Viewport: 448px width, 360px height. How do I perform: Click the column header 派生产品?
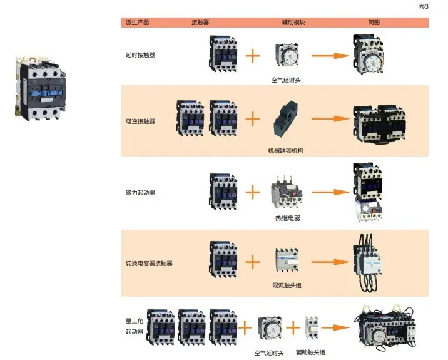click(138, 23)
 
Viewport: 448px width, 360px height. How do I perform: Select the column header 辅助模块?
click(293, 23)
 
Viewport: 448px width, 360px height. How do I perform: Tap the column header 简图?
click(374, 23)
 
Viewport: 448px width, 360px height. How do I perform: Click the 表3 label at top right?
click(424, 6)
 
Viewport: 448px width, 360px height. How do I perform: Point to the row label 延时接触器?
click(140, 55)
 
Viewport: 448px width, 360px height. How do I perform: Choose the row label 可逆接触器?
click(140, 121)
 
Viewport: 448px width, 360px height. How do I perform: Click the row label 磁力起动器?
click(140, 193)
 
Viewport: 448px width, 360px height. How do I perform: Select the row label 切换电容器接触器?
click(149, 264)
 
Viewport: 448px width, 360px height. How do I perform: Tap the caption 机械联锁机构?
click(285, 151)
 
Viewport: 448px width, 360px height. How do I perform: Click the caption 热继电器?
click(288, 218)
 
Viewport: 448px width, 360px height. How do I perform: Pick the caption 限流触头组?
click(287, 285)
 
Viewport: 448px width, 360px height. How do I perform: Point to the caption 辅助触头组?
click(310, 352)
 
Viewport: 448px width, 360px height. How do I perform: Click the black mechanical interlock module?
click(285, 118)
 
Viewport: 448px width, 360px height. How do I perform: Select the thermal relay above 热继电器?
click(287, 192)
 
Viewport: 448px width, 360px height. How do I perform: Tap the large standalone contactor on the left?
click(40, 88)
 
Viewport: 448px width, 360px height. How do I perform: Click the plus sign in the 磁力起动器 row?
click(253, 192)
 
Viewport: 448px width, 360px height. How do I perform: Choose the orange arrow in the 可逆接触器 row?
click(330, 118)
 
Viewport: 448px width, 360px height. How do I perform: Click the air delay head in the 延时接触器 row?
click(287, 54)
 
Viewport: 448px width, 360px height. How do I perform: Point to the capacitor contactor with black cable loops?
click(367, 262)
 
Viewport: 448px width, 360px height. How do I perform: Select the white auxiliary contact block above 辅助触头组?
click(312, 327)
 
